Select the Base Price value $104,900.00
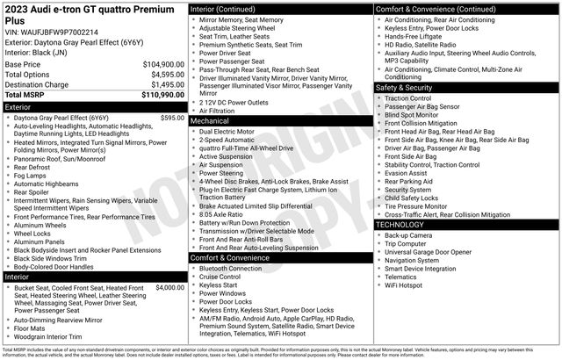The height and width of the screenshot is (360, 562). tap(162, 64)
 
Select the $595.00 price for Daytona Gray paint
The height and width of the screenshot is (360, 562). tap(172, 117)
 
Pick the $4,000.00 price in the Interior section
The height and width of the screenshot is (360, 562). tap(169, 288)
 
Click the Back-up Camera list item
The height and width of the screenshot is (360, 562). tap(407, 235)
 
